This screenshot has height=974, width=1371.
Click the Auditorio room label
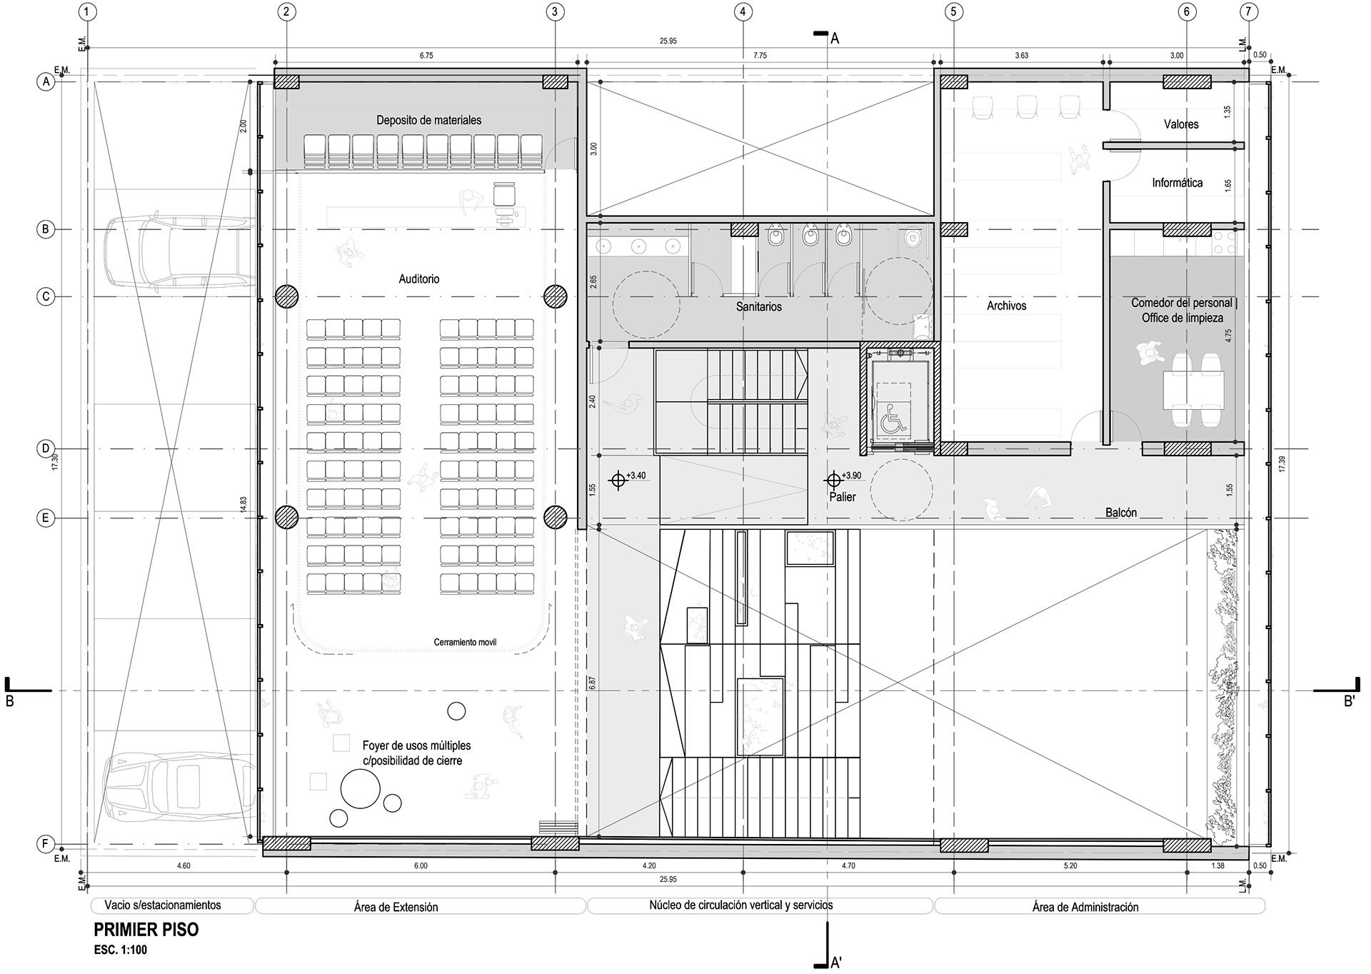(x=419, y=279)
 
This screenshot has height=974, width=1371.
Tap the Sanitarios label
(x=759, y=307)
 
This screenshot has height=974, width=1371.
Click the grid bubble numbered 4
(x=743, y=11)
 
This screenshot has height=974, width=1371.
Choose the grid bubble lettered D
(x=45, y=448)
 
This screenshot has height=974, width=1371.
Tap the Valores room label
(x=1181, y=124)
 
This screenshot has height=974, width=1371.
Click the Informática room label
(x=1177, y=183)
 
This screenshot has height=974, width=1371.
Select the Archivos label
(x=1007, y=306)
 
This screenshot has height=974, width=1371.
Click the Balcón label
(x=1121, y=513)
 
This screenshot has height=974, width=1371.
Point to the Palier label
(x=843, y=497)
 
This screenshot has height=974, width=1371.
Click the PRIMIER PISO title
(x=146, y=930)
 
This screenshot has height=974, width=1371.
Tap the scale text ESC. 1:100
(x=120, y=950)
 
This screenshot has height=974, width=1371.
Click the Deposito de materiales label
(x=429, y=120)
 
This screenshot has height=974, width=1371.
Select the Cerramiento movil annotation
(x=465, y=643)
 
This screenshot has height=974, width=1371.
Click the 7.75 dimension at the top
(x=760, y=56)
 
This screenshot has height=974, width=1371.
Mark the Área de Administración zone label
(x=1085, y=907)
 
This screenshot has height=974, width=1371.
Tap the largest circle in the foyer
(x=360, y=788)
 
